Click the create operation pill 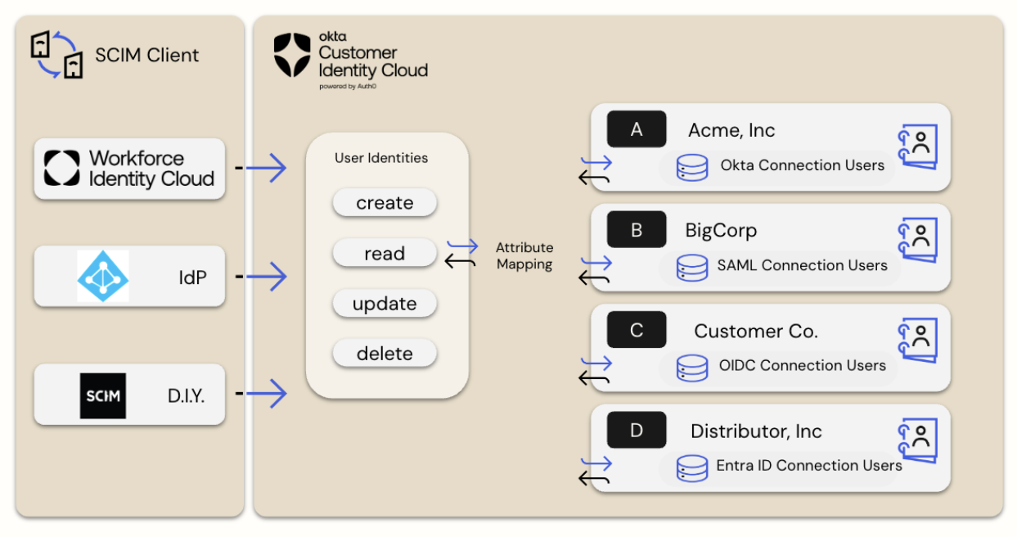(x=385, y=203)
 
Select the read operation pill (x=385, y=254)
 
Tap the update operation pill (x=385, y=304)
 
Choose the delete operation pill (x=385, y=354)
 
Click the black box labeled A (x=637, y=129)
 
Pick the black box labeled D (x=637, y=431)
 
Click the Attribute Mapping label (x=524, y=255)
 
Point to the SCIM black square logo (x=103, y=395)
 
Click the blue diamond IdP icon (x=103, y=277)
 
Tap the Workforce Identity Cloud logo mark (x=62, y=168)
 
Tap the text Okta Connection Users (x=802, y=165)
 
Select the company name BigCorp (x=721, y=231)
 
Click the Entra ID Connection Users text (x=808, y=466)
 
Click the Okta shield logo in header (x=292, y=55)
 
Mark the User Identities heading (x=381, y=158)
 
